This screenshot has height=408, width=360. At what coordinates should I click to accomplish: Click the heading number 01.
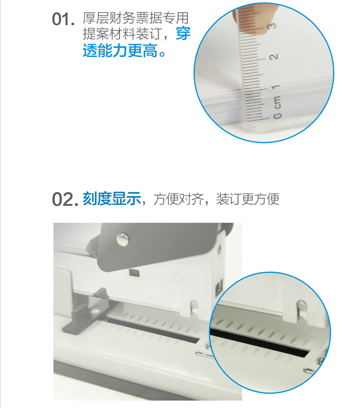[63, 19]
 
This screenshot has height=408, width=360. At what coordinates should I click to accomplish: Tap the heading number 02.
[65, 200]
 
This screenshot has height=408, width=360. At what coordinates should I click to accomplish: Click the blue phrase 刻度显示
[112, 199]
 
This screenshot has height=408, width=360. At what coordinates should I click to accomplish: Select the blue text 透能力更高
[120, 50]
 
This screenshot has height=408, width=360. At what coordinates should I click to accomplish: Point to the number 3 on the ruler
[272, 26]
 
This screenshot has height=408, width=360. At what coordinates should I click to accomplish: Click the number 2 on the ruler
[274, 57]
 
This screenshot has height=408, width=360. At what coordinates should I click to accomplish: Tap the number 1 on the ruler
[276, 87]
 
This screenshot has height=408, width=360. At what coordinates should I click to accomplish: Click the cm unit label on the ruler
[277, 102]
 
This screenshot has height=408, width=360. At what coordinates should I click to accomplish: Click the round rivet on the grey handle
[122, 239]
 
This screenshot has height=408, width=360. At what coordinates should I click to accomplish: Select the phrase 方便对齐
[178, 199]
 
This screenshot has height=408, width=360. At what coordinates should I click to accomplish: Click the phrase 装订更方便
[248, 199]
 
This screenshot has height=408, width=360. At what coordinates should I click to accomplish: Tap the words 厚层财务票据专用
[135, 18]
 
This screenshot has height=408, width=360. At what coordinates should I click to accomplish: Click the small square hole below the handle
[134, 273]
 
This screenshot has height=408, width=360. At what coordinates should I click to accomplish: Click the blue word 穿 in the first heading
[183, 34]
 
